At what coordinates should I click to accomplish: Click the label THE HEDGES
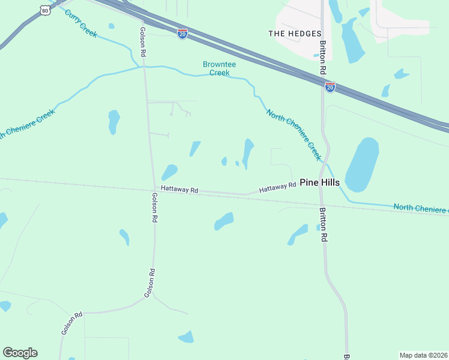coord(295,34)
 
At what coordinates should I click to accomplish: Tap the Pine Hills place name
coord(319,182)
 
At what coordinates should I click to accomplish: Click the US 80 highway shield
coord(44,10)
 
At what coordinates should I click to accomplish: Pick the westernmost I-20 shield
coord(182,34)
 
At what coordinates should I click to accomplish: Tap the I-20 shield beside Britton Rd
coord(330,87)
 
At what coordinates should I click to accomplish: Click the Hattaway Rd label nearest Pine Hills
coord(278,188)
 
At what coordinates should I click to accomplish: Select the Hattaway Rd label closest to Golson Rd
coord(180,190)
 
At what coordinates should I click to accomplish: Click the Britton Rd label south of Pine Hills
coord(323,224)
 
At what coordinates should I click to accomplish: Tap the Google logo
coord(20,353)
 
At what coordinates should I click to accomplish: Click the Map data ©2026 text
coord(423,355)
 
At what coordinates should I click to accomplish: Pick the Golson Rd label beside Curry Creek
coord(143,42)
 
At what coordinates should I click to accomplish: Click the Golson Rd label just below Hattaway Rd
coord(154,208)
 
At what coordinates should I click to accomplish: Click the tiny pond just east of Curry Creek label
coord(112,26)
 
